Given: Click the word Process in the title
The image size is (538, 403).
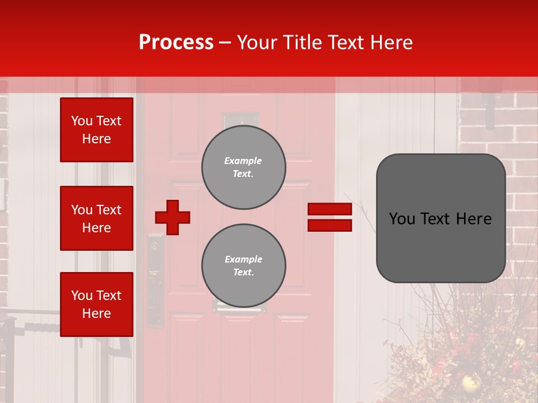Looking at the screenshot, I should click(x=176, y=43).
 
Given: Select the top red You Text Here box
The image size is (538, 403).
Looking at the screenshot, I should click(x=96, y=130).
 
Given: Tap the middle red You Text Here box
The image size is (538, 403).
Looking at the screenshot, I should click(x=96, y=218).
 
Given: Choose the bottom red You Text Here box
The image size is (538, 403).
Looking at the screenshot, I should click(x=96, y=304).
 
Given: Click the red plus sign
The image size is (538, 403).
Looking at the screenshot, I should click(x=173, y=217).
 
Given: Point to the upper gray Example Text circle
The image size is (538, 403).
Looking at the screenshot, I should click(x=243, y=167).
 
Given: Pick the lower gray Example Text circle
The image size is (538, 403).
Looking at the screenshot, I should click(x=243, y=266).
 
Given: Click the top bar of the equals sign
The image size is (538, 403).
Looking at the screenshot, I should click(x=330, y=209).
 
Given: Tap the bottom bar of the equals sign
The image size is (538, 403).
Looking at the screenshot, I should click(x=330, y=225).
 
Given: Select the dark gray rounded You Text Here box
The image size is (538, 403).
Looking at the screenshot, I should click(x=440, y=218).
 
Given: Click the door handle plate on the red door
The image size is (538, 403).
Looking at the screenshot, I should click(x=155, y=280).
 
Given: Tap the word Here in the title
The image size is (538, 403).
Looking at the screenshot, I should click(x=392, y=43).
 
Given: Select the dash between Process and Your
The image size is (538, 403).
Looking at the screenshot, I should click(x=225, y=43).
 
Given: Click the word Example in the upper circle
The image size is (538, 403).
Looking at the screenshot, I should click(x=243, y=161).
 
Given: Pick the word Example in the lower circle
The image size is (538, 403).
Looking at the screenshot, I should click(x=243, y=259).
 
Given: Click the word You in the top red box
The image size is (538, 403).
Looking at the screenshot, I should click(x=81, y=121).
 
